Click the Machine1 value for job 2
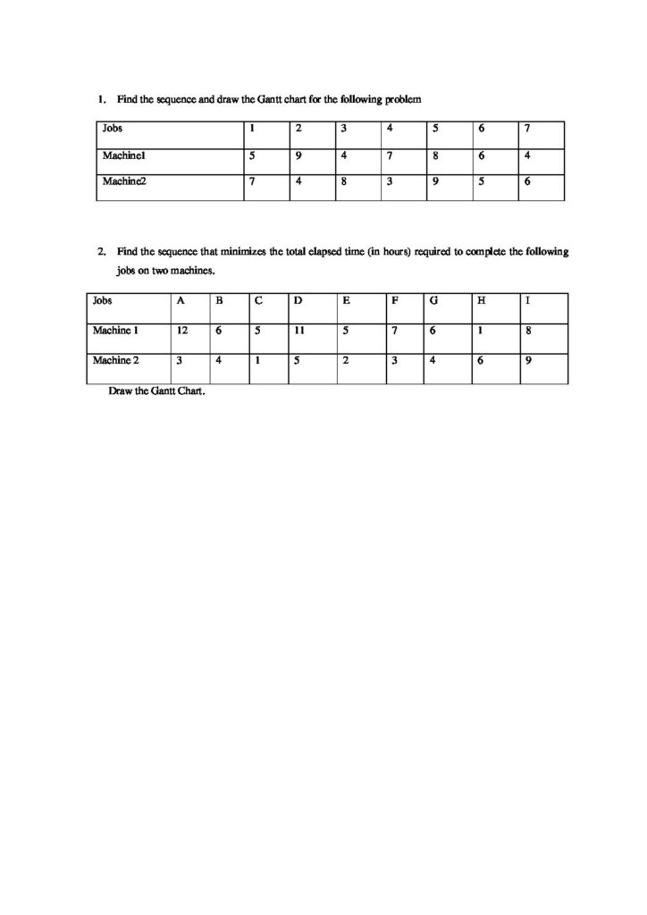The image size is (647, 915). (298, 155)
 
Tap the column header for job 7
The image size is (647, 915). (527, 129)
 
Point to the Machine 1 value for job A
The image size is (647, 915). (181, 331)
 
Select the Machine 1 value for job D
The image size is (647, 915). (298, 331)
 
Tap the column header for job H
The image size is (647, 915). (482, 300)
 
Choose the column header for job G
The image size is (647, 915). (433, 300)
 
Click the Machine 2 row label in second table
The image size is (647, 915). (115, 361)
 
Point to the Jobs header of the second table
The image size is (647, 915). (102, 300)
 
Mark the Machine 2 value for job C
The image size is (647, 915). (257, 361)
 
